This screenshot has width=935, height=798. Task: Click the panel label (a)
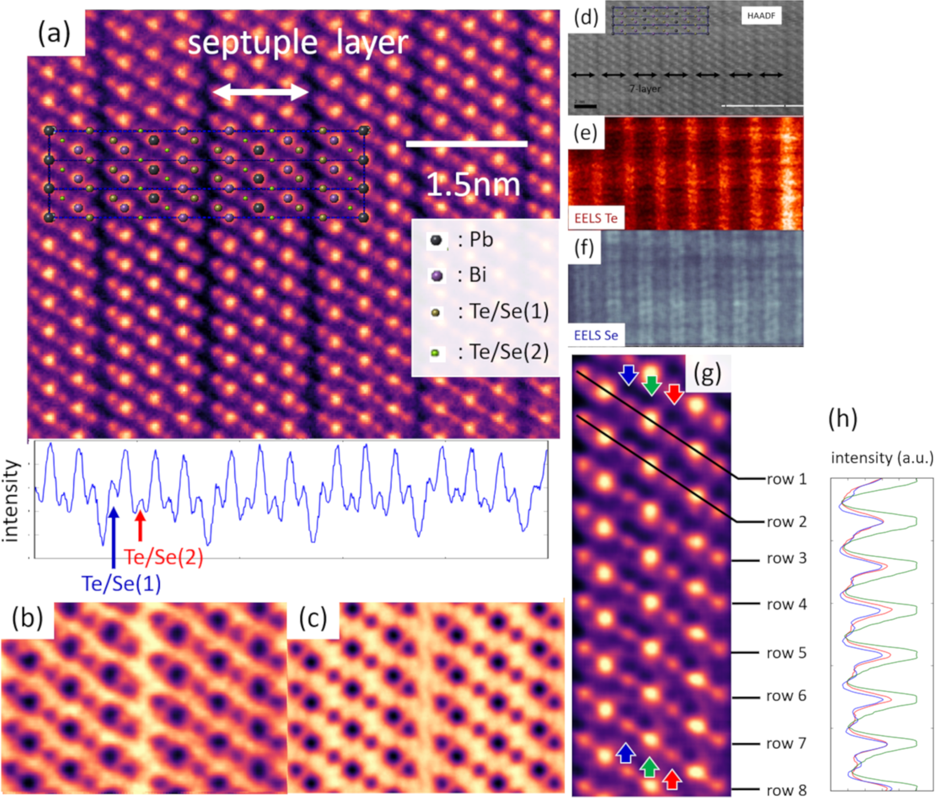pos(54,34)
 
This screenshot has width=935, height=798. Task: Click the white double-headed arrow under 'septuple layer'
pos(260,91)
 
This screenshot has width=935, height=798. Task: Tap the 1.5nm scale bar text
pos(473,185)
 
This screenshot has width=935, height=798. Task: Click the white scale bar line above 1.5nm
pos(466,144)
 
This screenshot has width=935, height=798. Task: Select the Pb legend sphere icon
pos(436,240)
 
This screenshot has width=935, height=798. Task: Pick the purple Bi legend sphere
pos(437,276)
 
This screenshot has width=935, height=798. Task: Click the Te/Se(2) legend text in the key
pos(504,353)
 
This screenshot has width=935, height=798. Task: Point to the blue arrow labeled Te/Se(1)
pos(114,537)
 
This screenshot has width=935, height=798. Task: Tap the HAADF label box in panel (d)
pos(761,16)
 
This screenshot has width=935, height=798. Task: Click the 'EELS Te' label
pos(596,218)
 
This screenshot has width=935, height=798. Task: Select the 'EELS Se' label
pos(596,335)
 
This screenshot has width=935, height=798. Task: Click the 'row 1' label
pos(787,479)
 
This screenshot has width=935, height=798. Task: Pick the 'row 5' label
pos(786,653)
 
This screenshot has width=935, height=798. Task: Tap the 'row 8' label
pos(787,790)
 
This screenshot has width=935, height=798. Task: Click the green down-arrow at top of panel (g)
pos(651,385)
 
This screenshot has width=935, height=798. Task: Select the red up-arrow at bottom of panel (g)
pos(672,779)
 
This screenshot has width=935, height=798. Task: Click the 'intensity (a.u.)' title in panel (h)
pos(882,458)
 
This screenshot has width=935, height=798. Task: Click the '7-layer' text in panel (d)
pos(645,89)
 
